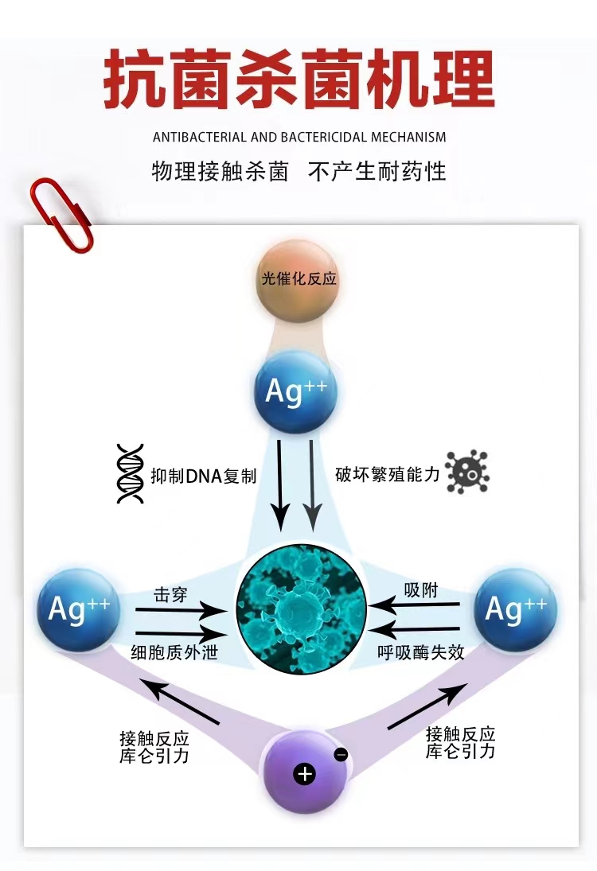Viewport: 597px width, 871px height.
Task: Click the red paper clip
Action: click(x=60, y=212)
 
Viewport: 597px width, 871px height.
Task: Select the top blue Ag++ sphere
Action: click(x=296, y=392)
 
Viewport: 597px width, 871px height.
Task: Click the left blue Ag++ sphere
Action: click(x=78, y=609)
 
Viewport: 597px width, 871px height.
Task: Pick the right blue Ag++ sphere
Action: click(x=515, y=609)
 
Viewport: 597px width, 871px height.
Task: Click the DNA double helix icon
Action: click(x=130, y=474)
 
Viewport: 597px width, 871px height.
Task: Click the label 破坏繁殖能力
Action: click(x=387, y=475)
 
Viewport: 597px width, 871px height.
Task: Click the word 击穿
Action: click(x=170, y=593)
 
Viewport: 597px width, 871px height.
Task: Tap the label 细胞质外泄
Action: click(x=174, y=652)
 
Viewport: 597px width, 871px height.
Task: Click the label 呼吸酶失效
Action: click(x=421, y=652)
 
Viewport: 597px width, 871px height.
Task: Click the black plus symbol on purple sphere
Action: click(x=304, y=773)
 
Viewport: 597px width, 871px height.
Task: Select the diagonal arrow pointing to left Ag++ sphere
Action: click(x=178, y=701)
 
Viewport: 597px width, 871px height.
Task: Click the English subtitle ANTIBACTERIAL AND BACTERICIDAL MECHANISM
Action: click(x=299, y=137)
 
